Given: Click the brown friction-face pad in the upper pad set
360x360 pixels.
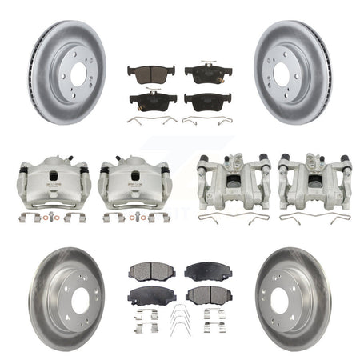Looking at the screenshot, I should (148, 73).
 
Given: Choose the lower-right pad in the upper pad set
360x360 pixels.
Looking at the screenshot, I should (207, 100).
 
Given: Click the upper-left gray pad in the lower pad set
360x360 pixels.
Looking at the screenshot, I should (149, 270).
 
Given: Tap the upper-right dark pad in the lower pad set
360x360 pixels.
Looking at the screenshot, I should (206, 270).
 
